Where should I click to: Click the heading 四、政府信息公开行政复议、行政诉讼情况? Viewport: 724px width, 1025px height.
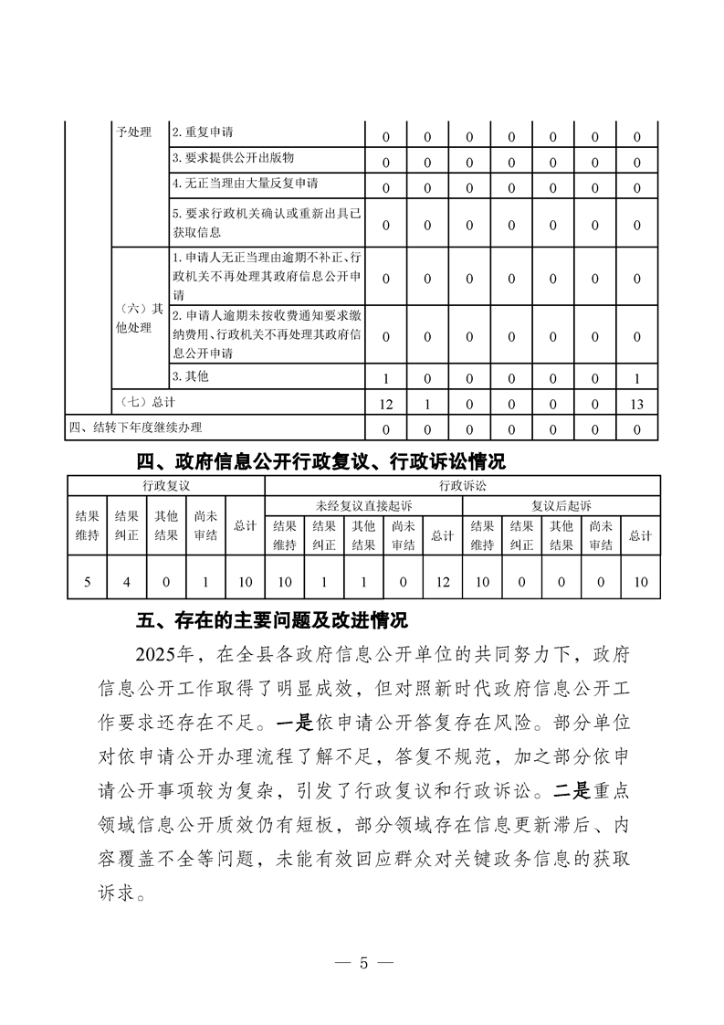click(320, 460)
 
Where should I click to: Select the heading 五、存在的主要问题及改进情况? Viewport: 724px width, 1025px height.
click(271, 621)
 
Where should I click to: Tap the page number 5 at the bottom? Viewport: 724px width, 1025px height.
click(362, 964)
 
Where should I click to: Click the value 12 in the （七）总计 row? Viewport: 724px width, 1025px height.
click(385, 403)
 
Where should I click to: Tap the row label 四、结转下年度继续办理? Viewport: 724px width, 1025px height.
click(136, 428)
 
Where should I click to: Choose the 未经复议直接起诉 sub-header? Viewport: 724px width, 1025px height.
click(363, 505)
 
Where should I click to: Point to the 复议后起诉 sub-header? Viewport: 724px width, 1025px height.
click(561, 505)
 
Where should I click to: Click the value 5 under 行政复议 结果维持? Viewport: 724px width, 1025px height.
click(87, 581)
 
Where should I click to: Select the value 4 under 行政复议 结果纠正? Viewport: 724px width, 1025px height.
click(126, 581)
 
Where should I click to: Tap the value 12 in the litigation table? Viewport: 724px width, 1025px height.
click(443, 581)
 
